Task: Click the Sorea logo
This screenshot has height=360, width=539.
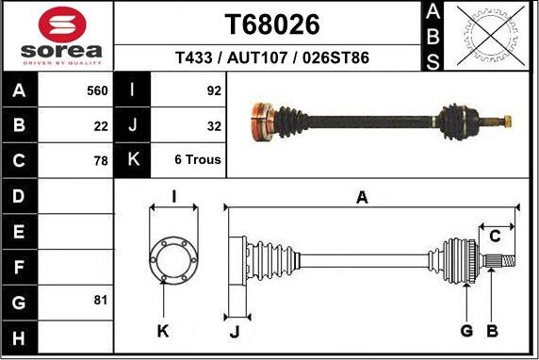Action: pos(57,36)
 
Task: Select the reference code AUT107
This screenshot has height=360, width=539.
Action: pos(259,58)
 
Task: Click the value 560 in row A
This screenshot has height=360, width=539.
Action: pos(97,91)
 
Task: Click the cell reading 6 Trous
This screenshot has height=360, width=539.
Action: pos(197,160)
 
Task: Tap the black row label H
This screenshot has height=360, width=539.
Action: pos(20,335)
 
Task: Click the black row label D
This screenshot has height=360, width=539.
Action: pos(20,196)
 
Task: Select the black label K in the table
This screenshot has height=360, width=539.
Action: pos(133,160)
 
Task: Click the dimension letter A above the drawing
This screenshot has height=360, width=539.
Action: pos(362,197)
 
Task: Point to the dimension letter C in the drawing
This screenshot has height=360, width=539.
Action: pos(494,236)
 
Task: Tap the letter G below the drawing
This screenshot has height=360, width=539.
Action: pos(465,330)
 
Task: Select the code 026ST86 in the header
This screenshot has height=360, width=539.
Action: pos(335,58)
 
